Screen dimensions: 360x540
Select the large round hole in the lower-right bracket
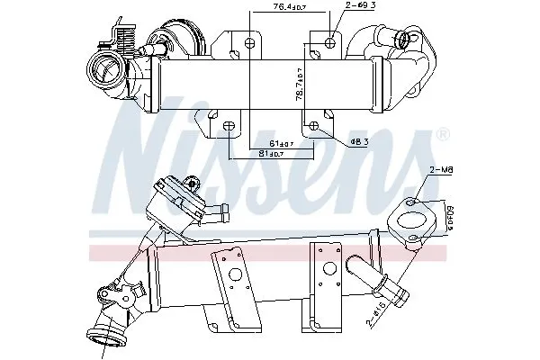pos(328,266)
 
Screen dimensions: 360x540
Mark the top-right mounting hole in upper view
pos(331,40)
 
